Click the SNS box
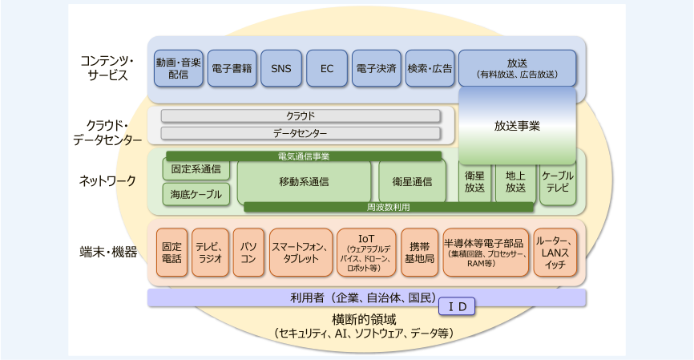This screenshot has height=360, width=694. click(x=281, y=68)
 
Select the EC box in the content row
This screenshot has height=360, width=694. click(x=327, y=68)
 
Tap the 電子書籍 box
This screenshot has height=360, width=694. click(x=232, y=68)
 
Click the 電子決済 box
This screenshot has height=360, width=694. click(x=376, y=68)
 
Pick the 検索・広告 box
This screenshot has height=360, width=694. click(x=430, y=68)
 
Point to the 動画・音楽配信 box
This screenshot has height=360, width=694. click(x=179, y=68)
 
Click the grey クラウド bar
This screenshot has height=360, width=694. click(x=301, y=116)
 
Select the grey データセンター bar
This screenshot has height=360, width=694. click(x=301, y=133)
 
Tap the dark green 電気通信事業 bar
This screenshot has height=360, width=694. click(x=304, y=156)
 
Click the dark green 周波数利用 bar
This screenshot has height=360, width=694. click(x=389, y=207)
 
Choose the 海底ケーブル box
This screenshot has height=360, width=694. click(x=196, y=194)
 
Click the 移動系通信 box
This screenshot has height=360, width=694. click(x=304, y=181)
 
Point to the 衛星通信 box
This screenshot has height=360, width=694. click(x=412, y=181)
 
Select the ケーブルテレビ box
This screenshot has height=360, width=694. click(x=558, y=182)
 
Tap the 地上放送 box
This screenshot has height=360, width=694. click(x=515, y=182)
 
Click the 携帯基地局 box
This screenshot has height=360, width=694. click(x=420, y=253)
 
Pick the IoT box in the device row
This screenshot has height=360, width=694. click(x=366, y=253)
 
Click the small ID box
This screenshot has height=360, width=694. click(x=457, y=306)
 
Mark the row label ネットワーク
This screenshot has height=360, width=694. click(x=107, y=181)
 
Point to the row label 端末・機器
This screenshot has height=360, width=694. click(x=108, y=253)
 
